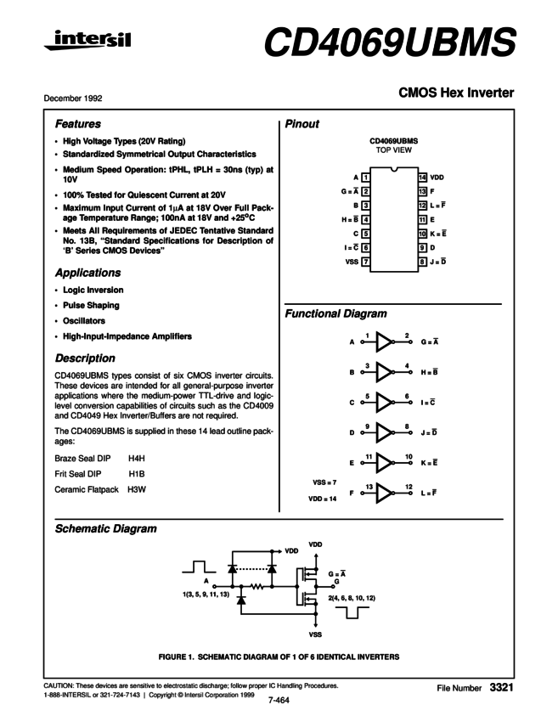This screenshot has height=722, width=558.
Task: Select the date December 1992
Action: pos(73,99)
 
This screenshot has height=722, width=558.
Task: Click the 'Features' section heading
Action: pos(78,124)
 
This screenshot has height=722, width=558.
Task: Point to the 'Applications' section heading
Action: pos(87,274)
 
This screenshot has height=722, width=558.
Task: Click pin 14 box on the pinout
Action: pos(422,178)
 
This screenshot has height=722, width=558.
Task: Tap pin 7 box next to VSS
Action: pos(364,262)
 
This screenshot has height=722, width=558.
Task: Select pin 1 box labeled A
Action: pos(364,178)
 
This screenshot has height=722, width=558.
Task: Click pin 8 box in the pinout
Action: pos(422,262)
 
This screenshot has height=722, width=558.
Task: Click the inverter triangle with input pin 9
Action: pos(386,433)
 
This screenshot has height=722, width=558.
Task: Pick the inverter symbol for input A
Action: pos(386,341)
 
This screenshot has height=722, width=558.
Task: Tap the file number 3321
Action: pos(501,685)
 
